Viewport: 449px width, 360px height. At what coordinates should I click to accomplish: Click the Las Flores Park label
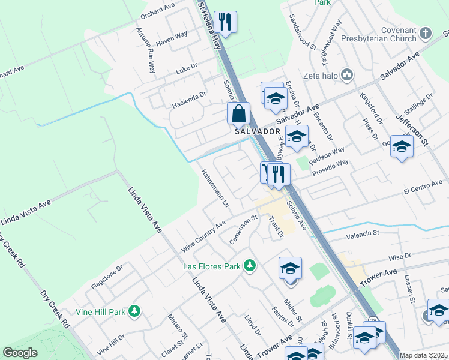click(212, 266)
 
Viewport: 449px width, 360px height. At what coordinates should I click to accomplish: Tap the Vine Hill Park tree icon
click(136, 311)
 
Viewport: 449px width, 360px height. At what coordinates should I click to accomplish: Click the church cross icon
click(426, 33)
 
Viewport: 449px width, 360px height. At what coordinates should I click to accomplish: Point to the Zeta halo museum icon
click(346, 75)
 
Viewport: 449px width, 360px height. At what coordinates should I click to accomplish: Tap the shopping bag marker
click(238, 113)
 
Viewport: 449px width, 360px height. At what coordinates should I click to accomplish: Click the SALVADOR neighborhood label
click(258, 131)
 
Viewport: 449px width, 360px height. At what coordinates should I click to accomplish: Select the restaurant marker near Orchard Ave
click(225, 22)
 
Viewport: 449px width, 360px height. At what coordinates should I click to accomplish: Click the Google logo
click(20, 353)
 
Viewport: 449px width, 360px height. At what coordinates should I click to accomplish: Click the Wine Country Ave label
click(203, 236)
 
